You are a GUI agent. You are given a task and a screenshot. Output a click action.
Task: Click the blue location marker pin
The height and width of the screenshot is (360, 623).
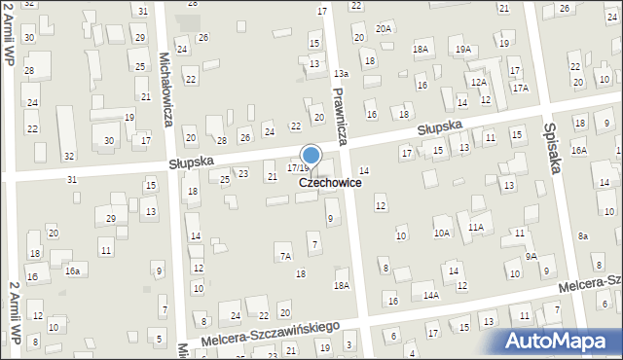311,156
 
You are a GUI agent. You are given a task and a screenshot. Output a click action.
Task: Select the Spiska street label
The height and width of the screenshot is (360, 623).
554,147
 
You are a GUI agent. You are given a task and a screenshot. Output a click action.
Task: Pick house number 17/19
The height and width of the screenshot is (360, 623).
298,168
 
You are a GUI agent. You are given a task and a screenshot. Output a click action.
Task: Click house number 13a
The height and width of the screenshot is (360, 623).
341,74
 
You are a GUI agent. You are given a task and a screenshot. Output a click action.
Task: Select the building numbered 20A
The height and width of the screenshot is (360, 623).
384,29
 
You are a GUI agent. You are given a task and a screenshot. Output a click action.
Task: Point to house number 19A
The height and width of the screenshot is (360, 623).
462,49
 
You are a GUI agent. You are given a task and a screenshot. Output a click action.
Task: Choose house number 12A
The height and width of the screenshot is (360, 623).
478,83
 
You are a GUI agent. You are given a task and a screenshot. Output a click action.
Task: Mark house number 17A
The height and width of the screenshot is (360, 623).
521,88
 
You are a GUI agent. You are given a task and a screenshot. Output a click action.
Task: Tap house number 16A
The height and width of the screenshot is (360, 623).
579,150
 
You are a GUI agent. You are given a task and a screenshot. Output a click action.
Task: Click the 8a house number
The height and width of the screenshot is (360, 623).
583,236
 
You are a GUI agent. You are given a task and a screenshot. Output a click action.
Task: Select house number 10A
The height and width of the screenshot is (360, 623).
442,233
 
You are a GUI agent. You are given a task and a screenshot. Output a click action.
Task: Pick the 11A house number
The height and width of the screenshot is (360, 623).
475,227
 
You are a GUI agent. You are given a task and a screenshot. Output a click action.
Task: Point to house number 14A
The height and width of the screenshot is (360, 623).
430,295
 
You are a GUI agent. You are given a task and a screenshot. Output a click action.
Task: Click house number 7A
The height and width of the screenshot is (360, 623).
285,257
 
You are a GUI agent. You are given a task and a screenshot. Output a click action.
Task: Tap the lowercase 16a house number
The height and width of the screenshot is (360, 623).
72,270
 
